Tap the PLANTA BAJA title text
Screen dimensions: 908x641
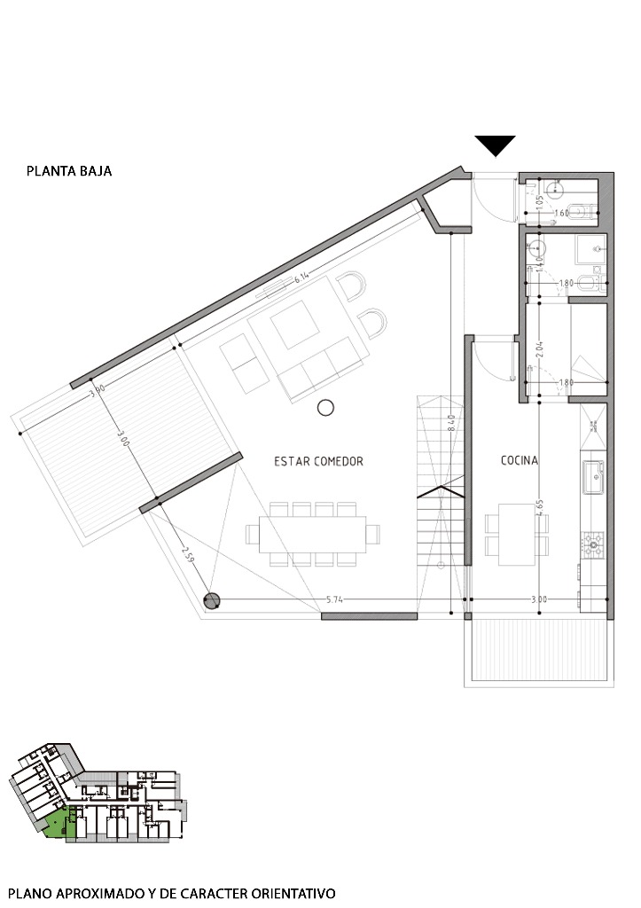tap(69, 171)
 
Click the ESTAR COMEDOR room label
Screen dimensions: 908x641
tap(319, 461)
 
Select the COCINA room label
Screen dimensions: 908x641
tap(520, 460)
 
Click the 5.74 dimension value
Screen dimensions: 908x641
tap(335, 600)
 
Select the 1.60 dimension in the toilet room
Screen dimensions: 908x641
tap(561, 213)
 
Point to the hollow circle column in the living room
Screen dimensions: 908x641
tap(325, 408)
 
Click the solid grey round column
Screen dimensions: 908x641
tap(212, 601)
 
